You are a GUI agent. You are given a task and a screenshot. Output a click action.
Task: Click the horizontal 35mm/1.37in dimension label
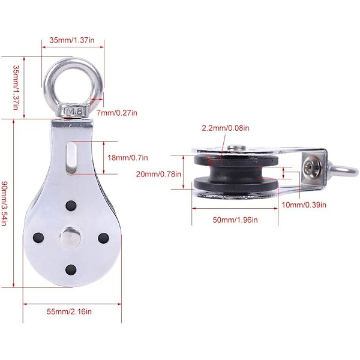tap(72, 40)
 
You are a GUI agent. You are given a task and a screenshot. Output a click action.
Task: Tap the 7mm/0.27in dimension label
tap(116, 113)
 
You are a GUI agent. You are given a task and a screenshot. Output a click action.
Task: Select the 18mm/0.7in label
tap(128, 158)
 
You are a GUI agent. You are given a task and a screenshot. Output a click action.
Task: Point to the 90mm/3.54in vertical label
tap(5, 203)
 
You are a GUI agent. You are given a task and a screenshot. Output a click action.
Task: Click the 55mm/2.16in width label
tap(69, 311)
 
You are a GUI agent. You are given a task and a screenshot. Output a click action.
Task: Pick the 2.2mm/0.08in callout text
tap(226, 128)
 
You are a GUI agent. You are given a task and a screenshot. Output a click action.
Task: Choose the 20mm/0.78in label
tap(158, 174)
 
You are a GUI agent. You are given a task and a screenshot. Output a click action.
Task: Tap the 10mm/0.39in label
tap(304, 205)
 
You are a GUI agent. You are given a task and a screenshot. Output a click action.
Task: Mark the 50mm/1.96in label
tap(235, 220)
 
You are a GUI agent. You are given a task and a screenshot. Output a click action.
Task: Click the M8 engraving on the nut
tap(73, 112)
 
